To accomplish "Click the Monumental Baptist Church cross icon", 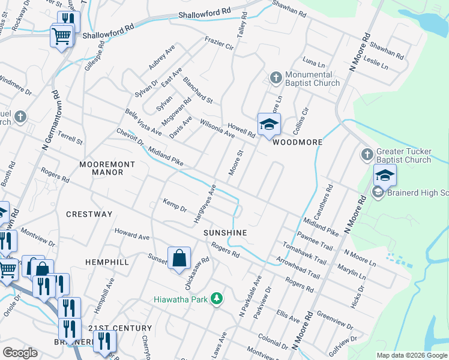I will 276,77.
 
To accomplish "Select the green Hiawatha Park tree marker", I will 217,298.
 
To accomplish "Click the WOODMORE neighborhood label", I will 298,142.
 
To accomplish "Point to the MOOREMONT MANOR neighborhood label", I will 101,167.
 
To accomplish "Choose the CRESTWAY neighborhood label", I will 89,214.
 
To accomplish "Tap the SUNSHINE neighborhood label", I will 225,232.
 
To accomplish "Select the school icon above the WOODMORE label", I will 269,124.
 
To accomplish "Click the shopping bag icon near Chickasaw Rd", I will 179,259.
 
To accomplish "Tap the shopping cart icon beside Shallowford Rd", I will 61,37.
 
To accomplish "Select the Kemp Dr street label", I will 175,205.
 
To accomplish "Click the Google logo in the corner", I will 20,352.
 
